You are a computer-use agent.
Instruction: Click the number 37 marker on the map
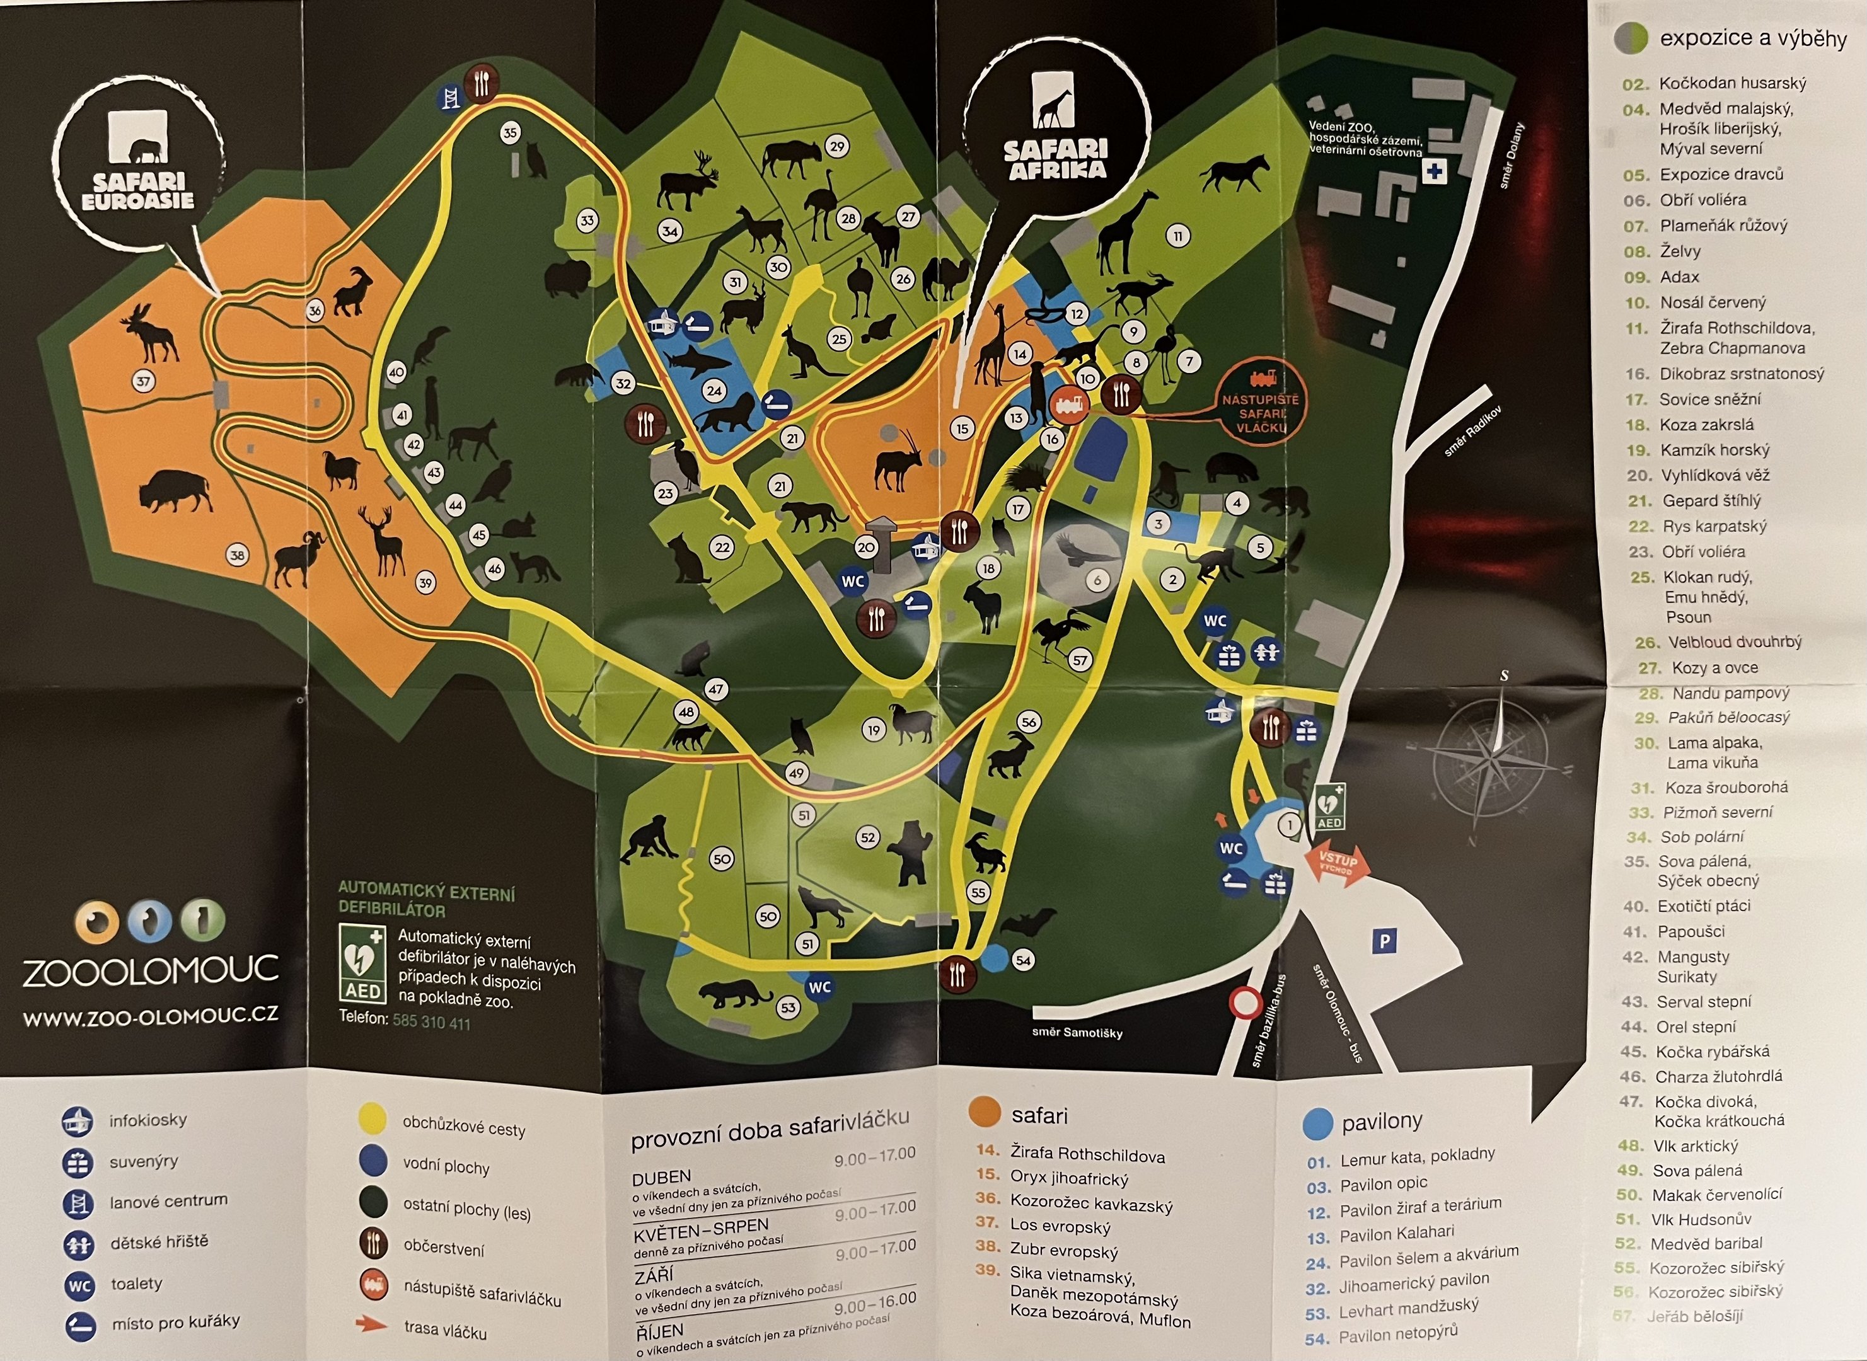pos(144,381)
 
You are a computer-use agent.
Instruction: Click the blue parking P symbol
pos(1384,941)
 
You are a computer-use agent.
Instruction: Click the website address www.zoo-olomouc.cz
pos(150,1016)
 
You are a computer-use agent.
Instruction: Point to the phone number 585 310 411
pos(431,1023)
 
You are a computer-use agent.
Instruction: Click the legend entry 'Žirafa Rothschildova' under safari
pos(1087,1155)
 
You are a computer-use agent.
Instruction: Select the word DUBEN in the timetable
pos(662,1176)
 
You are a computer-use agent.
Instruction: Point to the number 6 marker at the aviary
pos(1097,580)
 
